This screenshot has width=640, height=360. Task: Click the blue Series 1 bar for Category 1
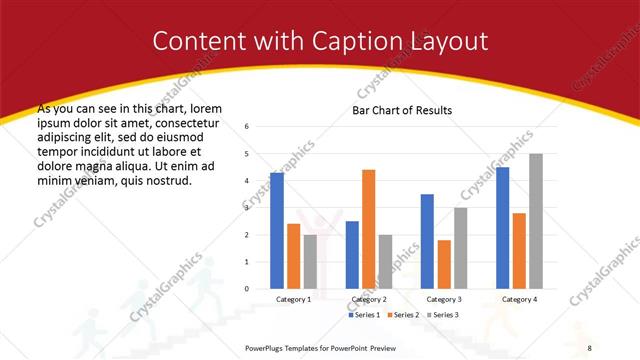[x=277, y=231]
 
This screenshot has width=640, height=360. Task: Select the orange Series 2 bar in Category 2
[x=368, y=229]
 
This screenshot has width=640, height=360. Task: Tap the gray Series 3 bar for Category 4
[x=536, y=221]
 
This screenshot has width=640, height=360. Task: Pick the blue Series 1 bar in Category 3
[x=427, y=241]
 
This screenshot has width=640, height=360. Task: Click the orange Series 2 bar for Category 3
[x=444, y=264]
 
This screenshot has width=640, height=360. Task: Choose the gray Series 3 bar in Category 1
[x=310, y=261]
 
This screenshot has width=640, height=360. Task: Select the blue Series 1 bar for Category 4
[x=502, y=228]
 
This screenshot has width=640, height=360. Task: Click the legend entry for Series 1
[x=365, y=315]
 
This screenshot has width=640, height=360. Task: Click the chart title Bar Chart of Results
[x=403, y=110]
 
